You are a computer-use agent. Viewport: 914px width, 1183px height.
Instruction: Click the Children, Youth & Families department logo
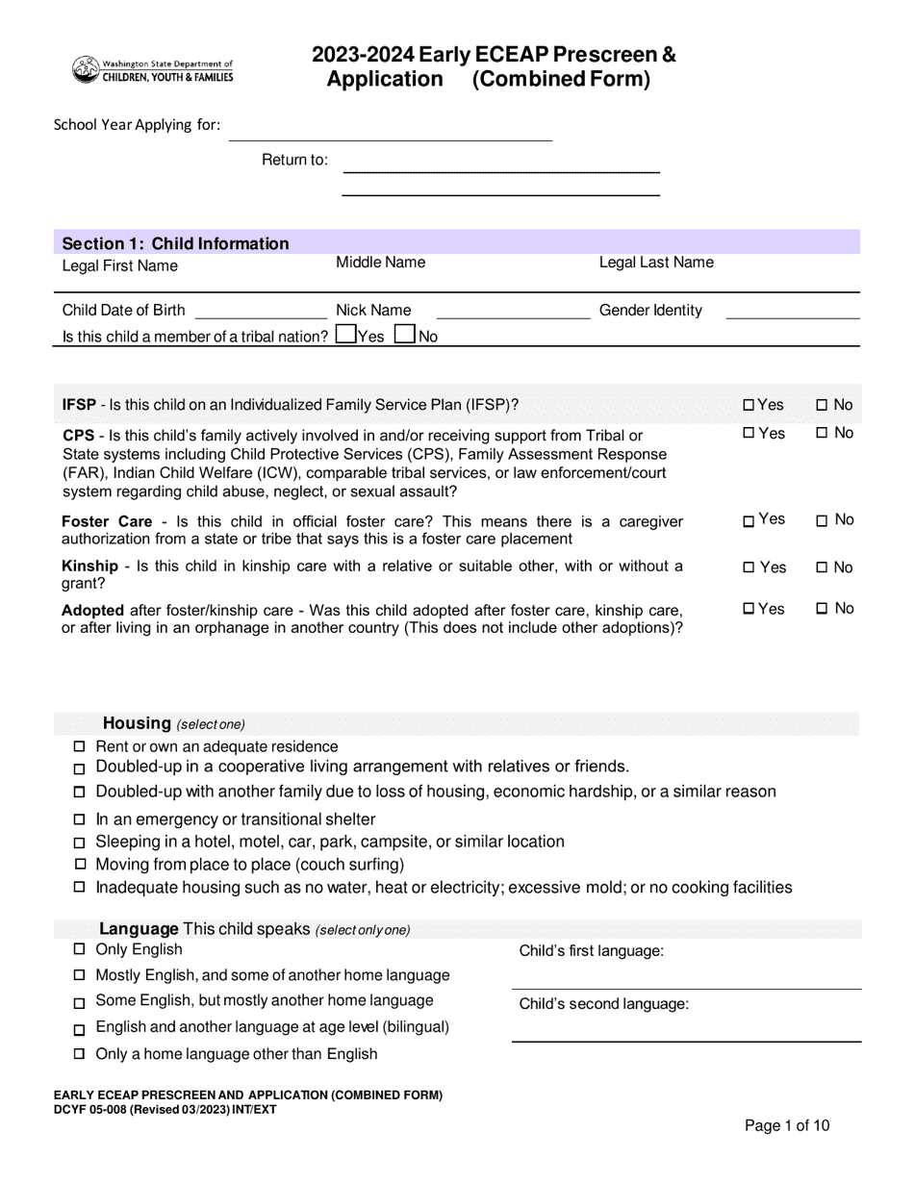click(x=152, y=69)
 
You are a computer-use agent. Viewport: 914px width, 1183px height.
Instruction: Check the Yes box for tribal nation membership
click(x=345, y=335)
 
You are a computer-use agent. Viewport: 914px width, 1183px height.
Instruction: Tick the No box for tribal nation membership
click(x=405, y=335)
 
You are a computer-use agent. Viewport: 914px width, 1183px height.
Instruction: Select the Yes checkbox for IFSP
click(x=749, y=406)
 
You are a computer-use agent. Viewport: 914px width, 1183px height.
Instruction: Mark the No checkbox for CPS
click(x=822, y=434)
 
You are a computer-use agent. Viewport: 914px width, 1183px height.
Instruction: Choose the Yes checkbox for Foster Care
click(x=749, y=521)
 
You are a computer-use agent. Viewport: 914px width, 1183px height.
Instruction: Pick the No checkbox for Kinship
click(x=822, y=567)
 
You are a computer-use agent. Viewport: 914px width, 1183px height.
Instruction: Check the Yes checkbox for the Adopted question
click(x=749, y=609)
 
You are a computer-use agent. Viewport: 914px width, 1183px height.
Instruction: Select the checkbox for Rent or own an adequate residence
click(x=80, y=747)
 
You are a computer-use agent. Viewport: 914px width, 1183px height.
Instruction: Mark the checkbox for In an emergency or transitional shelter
click(x=80, y=820)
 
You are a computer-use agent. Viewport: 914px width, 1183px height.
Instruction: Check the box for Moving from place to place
click(x=80, y=865)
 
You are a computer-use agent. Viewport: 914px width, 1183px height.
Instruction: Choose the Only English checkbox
click(x=80, y=950)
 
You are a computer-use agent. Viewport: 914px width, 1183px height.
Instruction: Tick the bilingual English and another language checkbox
click(x=80, y=1029)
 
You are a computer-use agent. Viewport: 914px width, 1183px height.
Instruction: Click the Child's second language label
click(x=603, y=1004)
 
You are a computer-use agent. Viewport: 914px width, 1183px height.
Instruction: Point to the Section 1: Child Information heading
click(x=175, y=243)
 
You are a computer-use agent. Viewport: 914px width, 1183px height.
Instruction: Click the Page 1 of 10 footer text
click(x=787, y=1126)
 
